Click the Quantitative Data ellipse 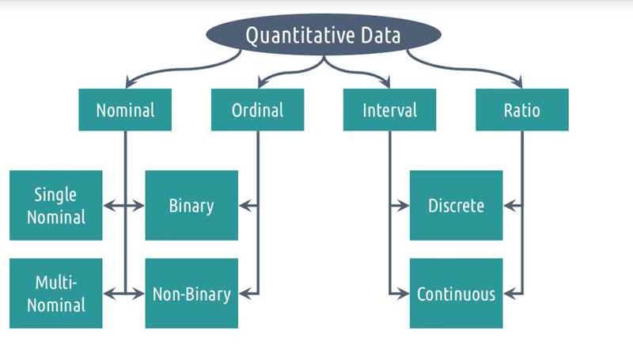[324, 35]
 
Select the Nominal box [125, 110]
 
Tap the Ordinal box [258, 110]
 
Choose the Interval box [389, 110]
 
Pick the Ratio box [522, 110]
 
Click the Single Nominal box [55, 206]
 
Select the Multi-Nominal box [55, 294]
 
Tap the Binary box [191, 206]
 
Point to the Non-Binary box [191, 294]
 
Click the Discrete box [457, 206]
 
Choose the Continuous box [457, 294]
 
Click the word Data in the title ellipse [381, 35]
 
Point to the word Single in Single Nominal [55, 195]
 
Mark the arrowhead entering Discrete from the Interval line [404, 206]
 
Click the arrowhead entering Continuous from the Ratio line [510, 294]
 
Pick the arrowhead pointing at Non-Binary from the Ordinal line [244, 294]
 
